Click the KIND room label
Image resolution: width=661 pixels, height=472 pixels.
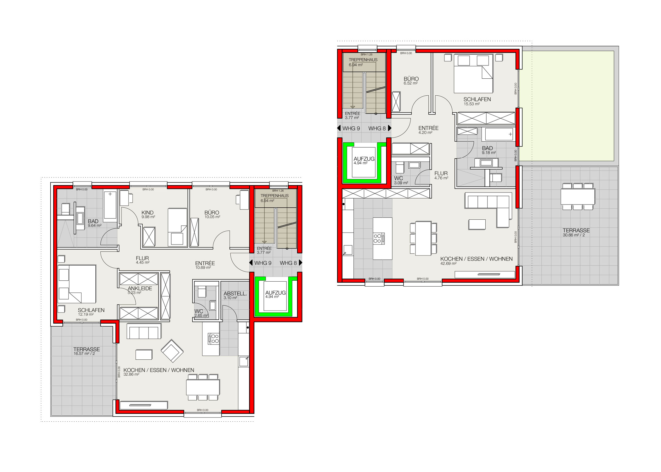(147, 212)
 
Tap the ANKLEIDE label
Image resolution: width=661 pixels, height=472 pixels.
(140, 288)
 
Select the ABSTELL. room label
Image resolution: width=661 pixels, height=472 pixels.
(235, 293)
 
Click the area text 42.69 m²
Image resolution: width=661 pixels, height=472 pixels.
(448, 264)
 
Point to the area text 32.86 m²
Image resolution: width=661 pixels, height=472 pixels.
(131, 374)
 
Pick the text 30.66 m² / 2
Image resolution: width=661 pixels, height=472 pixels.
(573, 235)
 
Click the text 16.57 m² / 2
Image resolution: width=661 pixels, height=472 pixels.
(84, 354)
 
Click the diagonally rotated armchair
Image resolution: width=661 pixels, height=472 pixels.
(172, 351)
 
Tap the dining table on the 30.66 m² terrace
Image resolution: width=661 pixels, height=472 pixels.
(578, 197)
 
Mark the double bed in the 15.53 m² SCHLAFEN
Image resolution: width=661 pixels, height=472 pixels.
(473, 74)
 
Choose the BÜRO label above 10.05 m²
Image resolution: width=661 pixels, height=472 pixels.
(212, 212)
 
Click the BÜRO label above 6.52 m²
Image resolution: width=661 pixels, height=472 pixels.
(411, 79)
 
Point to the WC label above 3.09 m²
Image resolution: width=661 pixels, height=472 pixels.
(398, 178)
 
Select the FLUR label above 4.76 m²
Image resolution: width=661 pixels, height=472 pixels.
(441, 173)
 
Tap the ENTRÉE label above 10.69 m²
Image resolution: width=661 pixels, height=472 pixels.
(205, 263)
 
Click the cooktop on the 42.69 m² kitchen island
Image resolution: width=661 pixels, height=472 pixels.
(379, 238)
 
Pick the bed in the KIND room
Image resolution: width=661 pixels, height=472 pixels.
(177, 227)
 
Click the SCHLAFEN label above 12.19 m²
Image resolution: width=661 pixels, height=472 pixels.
(91, 310)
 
